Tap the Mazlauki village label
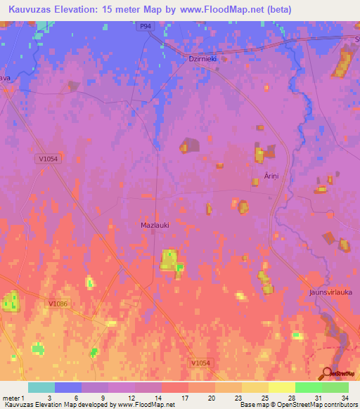click(x=150, y=225)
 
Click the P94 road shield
click(x=145, y=26)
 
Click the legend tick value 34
click(x=345, y=397)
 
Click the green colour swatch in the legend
click(x=309, y=387)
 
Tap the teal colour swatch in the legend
click(x=41, y=387)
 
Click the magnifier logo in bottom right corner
click(x=328, y=373)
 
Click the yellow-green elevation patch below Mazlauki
click(x=169, y=261)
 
